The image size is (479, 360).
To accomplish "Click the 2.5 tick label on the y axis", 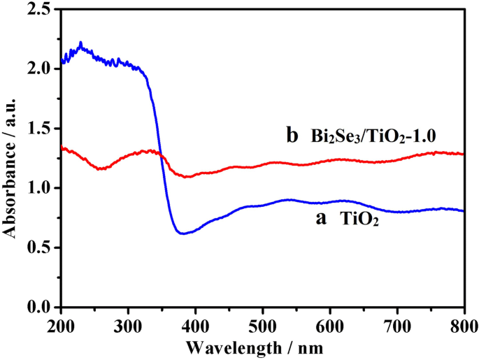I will pyautogui.click(x=42, y=9).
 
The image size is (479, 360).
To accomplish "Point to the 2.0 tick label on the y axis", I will pyautogui.click(x=42, y=69).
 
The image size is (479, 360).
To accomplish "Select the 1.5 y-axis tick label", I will pyautogui.click(x=42, y=129).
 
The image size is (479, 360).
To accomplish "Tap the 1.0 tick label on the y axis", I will pyautogui.click(x=42, y=188).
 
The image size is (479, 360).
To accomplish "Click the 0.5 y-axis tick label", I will pyautogui.click(x=42, y=247).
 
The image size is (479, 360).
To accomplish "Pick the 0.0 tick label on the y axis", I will pyautogui.click(x=42, y=307).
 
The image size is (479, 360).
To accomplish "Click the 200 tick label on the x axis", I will pyautogui.click(x=61, y=324).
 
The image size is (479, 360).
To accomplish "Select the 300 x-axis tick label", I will pyautogui.click(x=128, y=324).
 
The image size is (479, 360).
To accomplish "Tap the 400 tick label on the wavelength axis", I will pyautogui.click(x=195, y=324).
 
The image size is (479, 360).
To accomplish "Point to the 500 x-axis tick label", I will pyautogui.click(x=262, y=324).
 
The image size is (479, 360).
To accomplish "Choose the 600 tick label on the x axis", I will pyautogui.click(x=329, y=324).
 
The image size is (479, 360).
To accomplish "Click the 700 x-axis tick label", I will pyautogui.click(x=396, y=324).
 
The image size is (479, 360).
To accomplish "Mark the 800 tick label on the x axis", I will pyautogui.click(x=463, y=324).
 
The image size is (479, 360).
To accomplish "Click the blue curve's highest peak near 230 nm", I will pyautogui.click(x=81, y=43).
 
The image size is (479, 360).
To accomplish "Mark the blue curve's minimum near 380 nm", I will pyautogui.click(x=183, y=233).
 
